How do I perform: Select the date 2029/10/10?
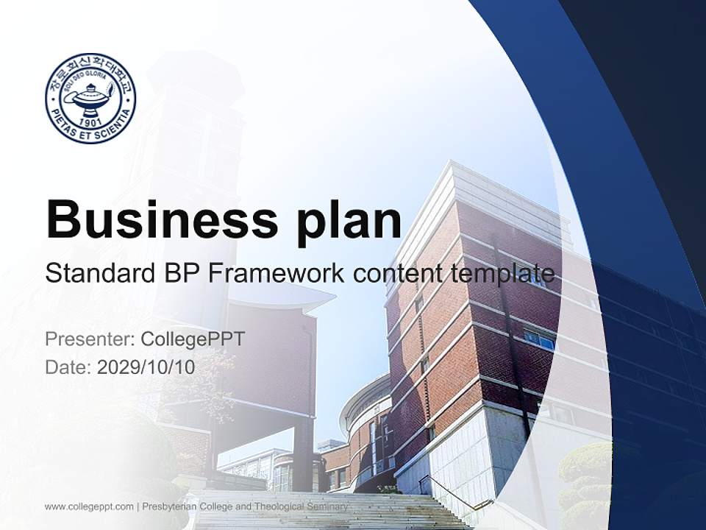click(x=146, y=367)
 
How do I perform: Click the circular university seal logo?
click(x=90, y=98)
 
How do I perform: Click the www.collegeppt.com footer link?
click(x=89, y=506)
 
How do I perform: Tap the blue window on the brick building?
click(x=540, y=339)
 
